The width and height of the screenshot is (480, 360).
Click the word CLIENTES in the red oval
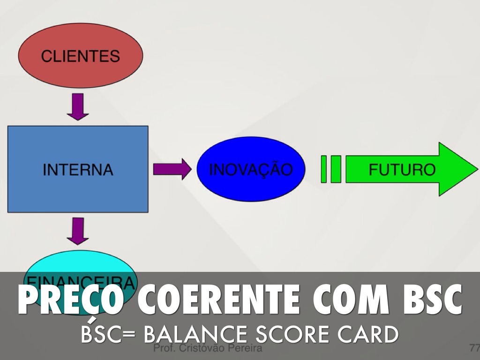point(80,56)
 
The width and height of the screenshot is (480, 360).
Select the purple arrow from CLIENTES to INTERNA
point(78,106)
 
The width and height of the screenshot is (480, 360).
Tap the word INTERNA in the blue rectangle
point(78,170)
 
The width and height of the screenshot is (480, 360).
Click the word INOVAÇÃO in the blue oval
point(250,169)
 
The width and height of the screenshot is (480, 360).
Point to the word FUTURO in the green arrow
point(402,169)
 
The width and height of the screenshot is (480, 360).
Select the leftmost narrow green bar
point(323,169)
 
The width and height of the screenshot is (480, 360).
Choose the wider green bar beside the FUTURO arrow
point(336,169)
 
